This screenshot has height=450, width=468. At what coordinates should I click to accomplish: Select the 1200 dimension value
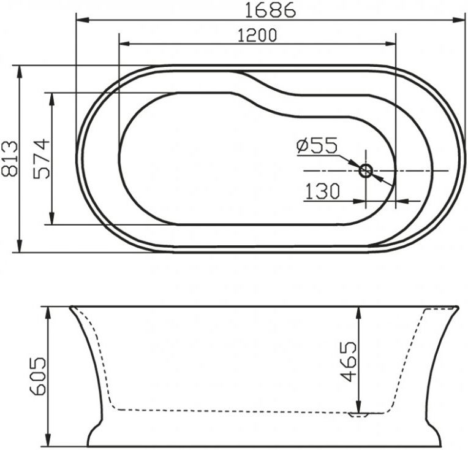[x=257, y=36]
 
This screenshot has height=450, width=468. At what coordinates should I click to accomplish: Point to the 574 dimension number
[x=41, y=158]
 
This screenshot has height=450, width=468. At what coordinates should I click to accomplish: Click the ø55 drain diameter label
[x=316, y=145]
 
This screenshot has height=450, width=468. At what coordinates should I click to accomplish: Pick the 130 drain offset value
[x=322, y=192]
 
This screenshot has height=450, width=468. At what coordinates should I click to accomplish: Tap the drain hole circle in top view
[x=366, y=170]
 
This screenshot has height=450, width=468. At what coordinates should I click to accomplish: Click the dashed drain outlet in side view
[x=359, y=415]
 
